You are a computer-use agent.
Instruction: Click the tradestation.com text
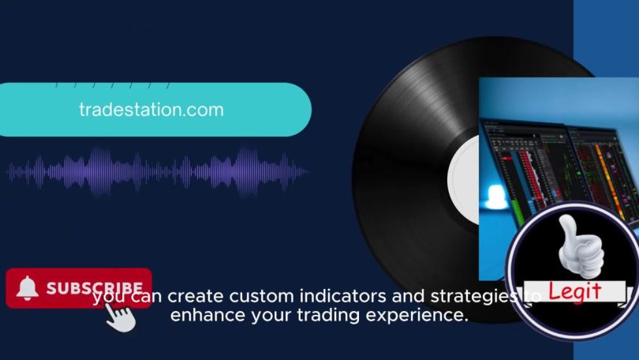pyautogui.click(x=151, y=110)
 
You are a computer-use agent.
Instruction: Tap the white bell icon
pyautogui.click(x=28, y=287)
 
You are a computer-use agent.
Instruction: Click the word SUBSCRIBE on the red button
pyautogui.click(x=95, y=288)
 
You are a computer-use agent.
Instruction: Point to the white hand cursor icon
pyautogui.click(x=121, y=317)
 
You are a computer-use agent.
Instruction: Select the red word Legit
pyautogui.click(x=574, y=291)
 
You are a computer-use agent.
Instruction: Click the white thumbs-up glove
pyautogui.click(x=581, y=247)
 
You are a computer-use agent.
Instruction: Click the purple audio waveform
pyautogui.click(x=157, y=171)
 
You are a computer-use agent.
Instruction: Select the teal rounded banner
pyautogui.click(x=155, y=110)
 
